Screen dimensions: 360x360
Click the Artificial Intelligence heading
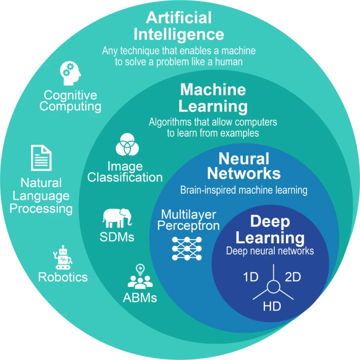[x=179, y=27]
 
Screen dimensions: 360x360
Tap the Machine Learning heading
[x=213, y=98]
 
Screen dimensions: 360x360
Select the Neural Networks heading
[x=243, y=166]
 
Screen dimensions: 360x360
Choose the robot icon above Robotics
[x=63, y=256]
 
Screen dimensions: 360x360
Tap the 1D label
[x=251, y=277]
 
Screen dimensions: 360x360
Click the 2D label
[x=292, y=277]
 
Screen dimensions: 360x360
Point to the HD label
[x=272, y=305]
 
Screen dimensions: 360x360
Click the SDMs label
[x=117, y=236]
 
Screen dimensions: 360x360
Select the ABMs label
[x=139, y=297]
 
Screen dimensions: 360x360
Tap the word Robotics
[x=63, y=277]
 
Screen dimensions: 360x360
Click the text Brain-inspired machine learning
[x=243, y=190]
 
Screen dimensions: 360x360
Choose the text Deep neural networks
[x=270, y=251]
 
